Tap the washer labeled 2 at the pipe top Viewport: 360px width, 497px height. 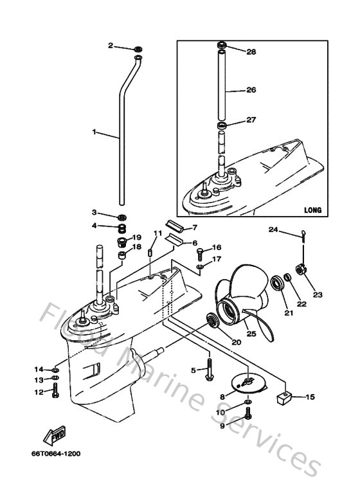pos(138,49)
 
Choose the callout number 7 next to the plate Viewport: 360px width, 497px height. pos(195,228)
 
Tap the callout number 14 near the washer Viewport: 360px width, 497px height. pos(39,369)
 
